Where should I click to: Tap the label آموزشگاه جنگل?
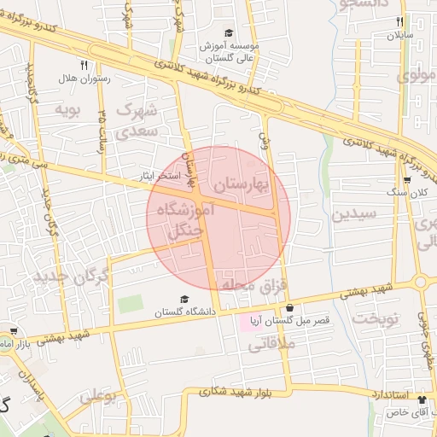click(x=192, y=219)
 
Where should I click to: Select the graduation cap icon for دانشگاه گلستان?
click(x=184, y=300)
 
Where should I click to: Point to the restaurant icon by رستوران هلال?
click(x=83, y=64)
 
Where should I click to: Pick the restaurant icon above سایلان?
click(x=399, y=21)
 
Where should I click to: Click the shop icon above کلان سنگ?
click(x=409, y=180)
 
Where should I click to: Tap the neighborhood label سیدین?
click(x=352, y=215)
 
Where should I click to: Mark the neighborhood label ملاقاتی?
click(x=271, y=346)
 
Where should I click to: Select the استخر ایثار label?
click(x=160, y=175)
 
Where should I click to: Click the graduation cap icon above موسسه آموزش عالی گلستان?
click(x=229, y=33)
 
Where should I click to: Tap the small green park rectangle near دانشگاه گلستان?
click(x=130, y=303)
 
